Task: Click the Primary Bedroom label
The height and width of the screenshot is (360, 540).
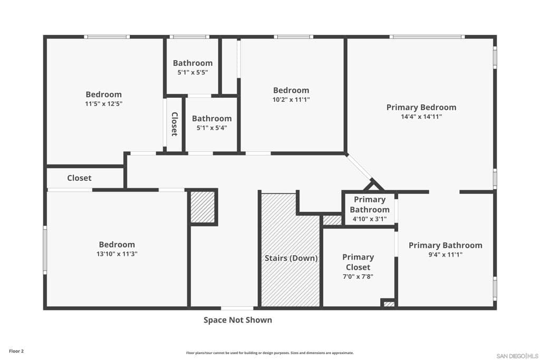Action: (x=421, y=108)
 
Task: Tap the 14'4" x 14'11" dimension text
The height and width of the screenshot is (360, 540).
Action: (x=421, y=117)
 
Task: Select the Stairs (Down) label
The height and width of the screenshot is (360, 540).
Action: (x=291, y=258)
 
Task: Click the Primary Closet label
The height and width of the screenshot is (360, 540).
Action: (x=358, y=262)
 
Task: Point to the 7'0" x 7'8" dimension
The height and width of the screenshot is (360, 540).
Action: (x=358, y=277)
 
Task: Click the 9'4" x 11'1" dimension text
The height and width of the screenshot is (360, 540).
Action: (x=445, y=255)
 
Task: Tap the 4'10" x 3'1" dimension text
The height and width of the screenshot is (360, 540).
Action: (x=369, y=219)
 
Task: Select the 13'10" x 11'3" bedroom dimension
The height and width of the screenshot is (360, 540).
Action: (x=117, y=254)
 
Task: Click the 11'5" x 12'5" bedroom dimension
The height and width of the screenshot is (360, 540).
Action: (x=104, y=104)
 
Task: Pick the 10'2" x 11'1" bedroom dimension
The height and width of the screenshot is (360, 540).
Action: (x=291, y=100)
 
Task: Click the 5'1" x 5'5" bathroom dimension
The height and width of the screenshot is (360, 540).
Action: (x=192, y=73)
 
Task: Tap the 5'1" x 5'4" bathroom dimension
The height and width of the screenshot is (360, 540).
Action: (x=211, y=128)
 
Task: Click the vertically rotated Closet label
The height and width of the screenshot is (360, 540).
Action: (x=174, y=124)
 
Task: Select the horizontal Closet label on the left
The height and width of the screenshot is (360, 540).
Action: (x=79, y=178)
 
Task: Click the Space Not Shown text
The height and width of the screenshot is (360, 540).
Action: (x=238, y=320)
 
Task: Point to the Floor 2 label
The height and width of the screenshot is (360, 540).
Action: (x=16, y=351)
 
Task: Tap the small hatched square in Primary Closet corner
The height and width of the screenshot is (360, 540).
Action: (x=389, y=304)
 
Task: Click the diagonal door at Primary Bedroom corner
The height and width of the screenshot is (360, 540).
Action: (x=361, y=168)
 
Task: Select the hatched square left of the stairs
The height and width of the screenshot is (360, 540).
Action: (x=202, y=207)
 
